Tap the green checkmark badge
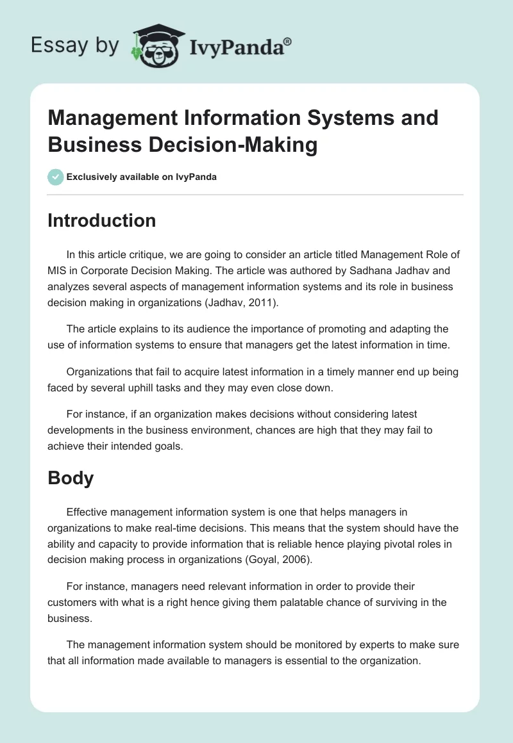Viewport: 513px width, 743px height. click(55, 177)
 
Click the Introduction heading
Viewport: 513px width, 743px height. click(102, 220)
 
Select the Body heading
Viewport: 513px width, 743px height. click(71, 478)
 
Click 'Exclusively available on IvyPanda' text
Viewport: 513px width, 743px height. click(142, 177)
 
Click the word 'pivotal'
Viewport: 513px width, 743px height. click(386, 544)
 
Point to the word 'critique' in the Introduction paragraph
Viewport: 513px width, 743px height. click(149, 255)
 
